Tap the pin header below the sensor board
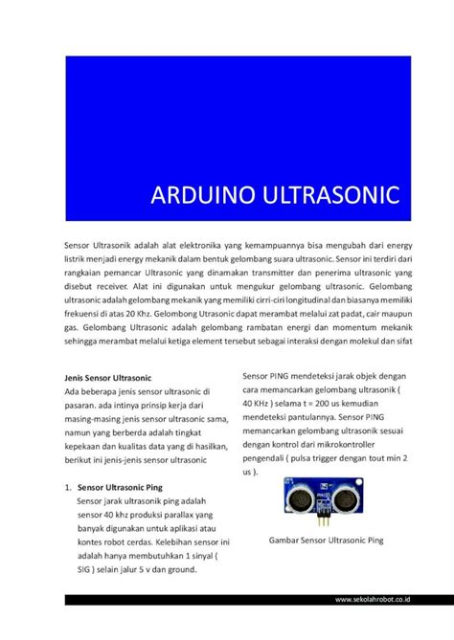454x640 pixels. [324, 518]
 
